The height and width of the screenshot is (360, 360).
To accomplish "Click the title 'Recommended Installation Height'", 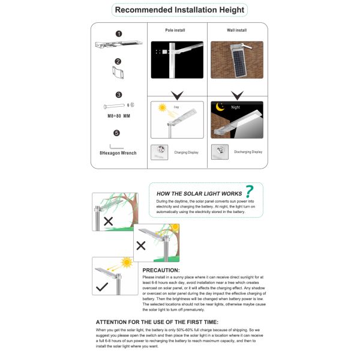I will click(179, 10).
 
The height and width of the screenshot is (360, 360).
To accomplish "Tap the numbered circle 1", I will click(119, 34).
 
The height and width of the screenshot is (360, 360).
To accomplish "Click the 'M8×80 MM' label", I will click(118, 115).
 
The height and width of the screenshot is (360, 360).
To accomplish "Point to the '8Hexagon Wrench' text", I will click(118, 153).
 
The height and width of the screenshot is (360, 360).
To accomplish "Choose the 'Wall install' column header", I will click(238, 29).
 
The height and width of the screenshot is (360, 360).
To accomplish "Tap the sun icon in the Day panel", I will click(161, 108).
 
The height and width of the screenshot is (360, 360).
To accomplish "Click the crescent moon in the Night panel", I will click(220, 108).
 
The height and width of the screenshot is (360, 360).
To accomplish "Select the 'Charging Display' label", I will click(187, 152).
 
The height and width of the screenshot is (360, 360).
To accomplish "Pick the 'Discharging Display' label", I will click(248, 152).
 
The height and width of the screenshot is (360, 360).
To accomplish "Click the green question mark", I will click(249, 191).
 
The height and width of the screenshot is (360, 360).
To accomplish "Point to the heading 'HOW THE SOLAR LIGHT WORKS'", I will click(199, 194).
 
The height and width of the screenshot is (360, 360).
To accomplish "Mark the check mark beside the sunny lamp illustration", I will click(103, 287).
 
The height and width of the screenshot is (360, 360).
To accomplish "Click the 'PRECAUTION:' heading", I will click(161, 271).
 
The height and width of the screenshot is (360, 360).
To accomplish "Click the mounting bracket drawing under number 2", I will click(118, 73).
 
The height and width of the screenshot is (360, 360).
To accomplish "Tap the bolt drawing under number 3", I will click(117, 105).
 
